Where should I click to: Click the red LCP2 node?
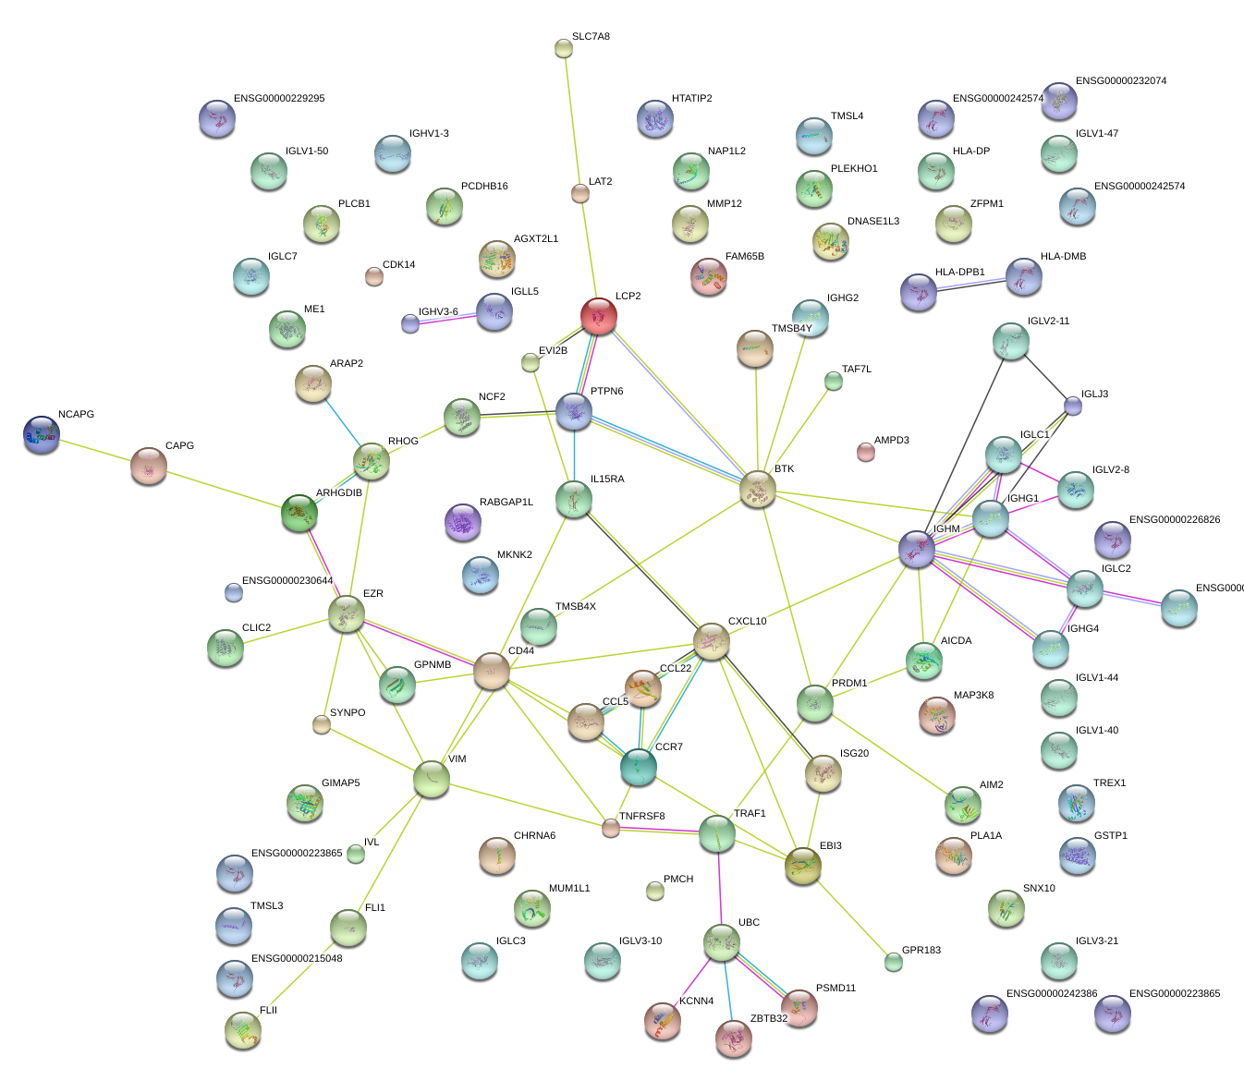599,316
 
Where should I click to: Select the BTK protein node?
758,489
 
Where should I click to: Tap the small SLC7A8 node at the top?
564,48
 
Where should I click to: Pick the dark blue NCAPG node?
42,434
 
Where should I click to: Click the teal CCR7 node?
638,767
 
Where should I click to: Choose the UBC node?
721,942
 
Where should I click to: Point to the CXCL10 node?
712,641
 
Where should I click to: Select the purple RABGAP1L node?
462,523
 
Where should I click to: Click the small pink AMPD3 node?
865,452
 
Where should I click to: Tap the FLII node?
243,1030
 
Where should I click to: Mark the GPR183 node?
893,962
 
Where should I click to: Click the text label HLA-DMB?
1063,256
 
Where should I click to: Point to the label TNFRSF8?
641,816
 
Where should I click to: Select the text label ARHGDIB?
339,493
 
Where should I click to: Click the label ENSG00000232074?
1121,80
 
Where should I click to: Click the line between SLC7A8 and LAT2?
571,115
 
